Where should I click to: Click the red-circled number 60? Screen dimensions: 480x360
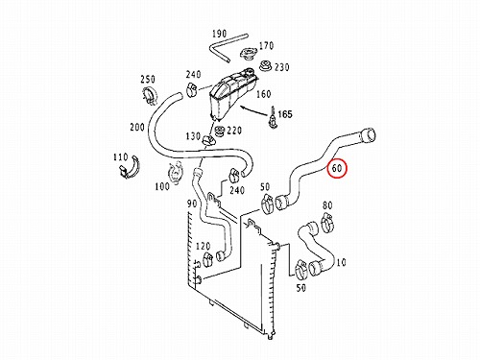point(337,168)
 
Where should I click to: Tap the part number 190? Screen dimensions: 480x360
point(219,34)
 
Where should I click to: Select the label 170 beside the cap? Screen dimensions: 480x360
point(266,46)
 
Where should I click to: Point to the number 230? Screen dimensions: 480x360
point(282,67)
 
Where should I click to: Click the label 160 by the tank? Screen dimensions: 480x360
point(264,94)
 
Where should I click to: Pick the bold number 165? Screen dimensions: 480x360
point(285,114)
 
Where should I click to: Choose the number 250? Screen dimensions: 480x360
point(148,79)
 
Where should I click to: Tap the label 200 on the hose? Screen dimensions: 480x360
point(137,128)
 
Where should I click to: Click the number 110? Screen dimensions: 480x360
point(120,157)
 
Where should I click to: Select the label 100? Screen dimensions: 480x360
point(162,186)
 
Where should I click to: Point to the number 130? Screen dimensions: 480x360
point(193,136)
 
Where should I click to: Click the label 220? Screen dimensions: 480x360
point(234,131)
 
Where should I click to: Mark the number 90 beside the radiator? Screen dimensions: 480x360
point(192,204)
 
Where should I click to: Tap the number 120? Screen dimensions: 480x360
point(204,246)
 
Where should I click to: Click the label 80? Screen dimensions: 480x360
point(327,205)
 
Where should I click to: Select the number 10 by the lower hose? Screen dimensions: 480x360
point(342,263)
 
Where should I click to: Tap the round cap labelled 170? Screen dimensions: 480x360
point(248,54)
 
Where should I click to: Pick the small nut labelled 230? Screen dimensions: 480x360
point(266,65)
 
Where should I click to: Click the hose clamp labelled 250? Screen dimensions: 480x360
point(149,95)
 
